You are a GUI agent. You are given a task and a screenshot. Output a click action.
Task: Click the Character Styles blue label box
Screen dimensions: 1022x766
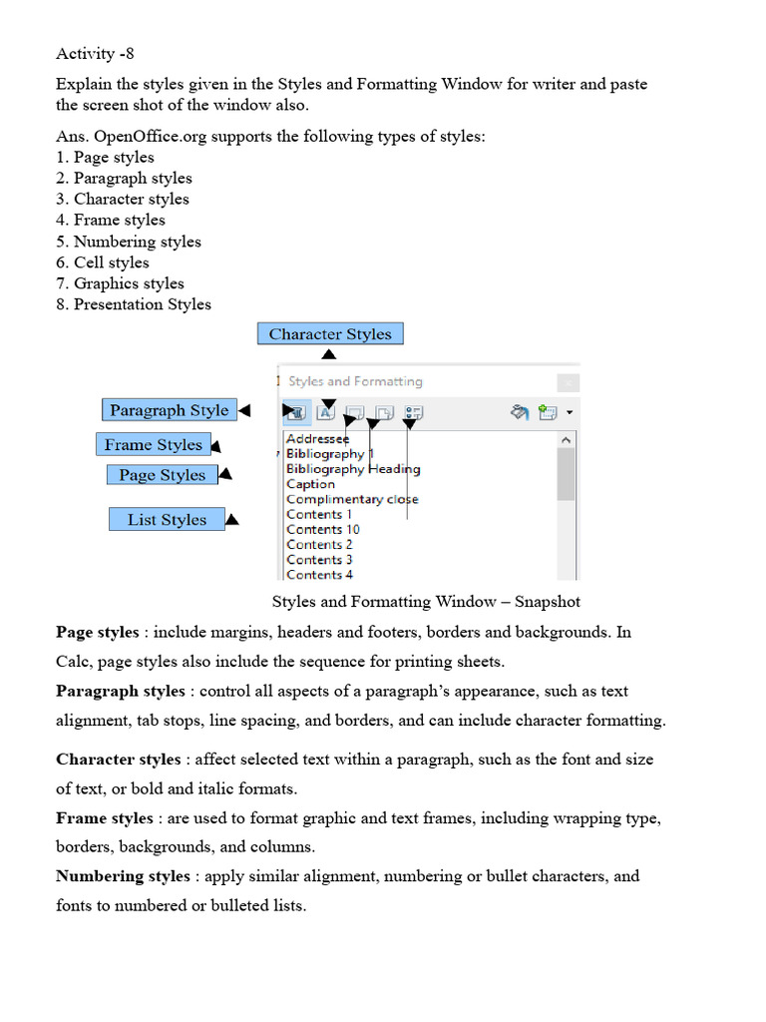tap(330, 334)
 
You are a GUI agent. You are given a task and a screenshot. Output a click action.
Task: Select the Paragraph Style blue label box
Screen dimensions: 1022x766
tap(169, 410)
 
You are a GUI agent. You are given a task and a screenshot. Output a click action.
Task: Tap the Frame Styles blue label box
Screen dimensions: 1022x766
tap(153, 445)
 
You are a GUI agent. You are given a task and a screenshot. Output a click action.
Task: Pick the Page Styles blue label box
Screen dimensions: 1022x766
tap(162, 475)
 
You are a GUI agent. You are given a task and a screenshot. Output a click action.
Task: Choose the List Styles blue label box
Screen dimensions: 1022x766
tap(167, 520)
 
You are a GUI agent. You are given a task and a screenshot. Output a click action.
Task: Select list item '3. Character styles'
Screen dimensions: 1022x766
tap(122, 199)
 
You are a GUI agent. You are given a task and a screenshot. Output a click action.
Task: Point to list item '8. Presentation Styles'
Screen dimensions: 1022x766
tap(133, 304)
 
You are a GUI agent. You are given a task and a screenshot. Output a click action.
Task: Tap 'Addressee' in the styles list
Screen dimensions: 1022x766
tap(317, 439)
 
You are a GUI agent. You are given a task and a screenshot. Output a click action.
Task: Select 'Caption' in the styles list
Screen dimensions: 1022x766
tap(310, 484)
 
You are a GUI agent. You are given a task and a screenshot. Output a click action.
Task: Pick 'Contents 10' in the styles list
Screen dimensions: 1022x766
tap(322, 529)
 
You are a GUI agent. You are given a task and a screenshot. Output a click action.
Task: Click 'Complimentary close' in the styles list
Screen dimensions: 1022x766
tap(352, 499)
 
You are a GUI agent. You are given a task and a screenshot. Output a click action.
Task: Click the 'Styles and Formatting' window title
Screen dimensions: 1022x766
tap(355, 381)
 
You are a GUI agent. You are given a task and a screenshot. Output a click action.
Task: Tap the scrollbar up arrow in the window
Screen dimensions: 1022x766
tap(566, 439)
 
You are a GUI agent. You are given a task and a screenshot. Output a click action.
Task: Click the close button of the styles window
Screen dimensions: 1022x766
tap(567, 382)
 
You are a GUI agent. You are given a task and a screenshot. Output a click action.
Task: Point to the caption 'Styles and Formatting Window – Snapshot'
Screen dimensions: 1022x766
tap(426, 602)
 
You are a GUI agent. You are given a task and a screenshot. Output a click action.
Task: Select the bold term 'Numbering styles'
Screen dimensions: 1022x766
tap(123, 876)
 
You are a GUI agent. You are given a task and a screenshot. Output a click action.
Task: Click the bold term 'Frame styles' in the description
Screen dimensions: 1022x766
tap(105, 818)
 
